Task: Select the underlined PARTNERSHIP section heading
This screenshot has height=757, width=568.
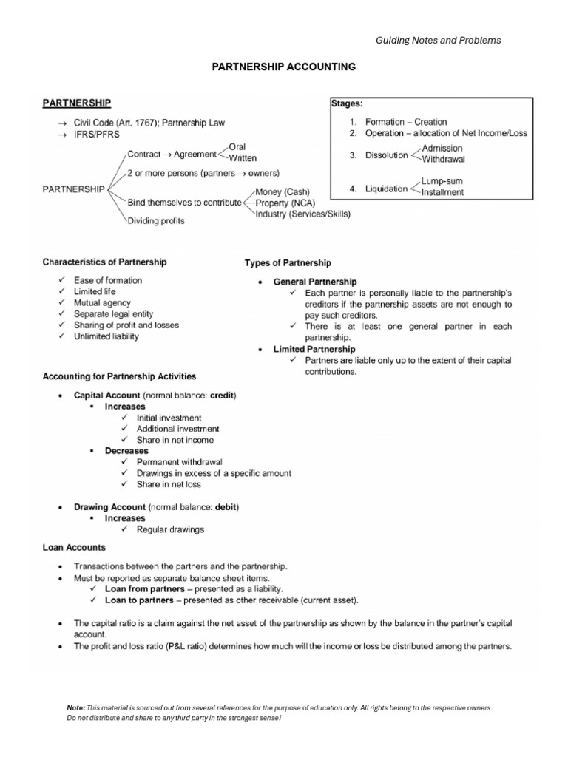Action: [77, 102]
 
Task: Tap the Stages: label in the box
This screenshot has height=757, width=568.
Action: [348, 104]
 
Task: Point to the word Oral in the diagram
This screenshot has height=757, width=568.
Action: [237, 147]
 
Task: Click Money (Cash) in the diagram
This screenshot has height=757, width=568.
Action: [282, 192]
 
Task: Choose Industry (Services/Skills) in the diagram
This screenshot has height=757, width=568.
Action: [302, 214]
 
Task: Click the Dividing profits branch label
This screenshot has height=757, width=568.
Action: [157, 220]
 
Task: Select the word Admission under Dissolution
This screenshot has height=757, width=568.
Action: [442, 148]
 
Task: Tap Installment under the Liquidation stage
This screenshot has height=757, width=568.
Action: [443, 192]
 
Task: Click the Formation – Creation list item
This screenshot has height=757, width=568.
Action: [406, 122]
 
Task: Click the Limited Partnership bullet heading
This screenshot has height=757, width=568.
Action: [314, 348]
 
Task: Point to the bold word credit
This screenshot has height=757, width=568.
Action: [222, 396]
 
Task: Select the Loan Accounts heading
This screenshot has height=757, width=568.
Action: [74, 548]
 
